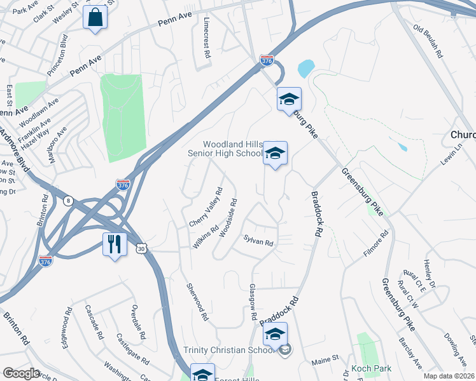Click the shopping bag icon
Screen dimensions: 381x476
(x=95, y=19)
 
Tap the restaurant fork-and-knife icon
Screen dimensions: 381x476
(x=115, y=243)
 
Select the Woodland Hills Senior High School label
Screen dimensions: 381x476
(x=224, y=149)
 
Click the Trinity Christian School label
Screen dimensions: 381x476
(x=230, y=350)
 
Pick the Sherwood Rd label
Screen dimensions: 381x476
(x=197, y=302)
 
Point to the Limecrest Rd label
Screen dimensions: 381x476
(x=206, y=37)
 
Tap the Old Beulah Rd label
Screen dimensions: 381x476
(x=428, y=41)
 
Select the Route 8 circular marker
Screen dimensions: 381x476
(x=69, y=201)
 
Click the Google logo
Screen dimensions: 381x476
(x=22, y=373)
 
